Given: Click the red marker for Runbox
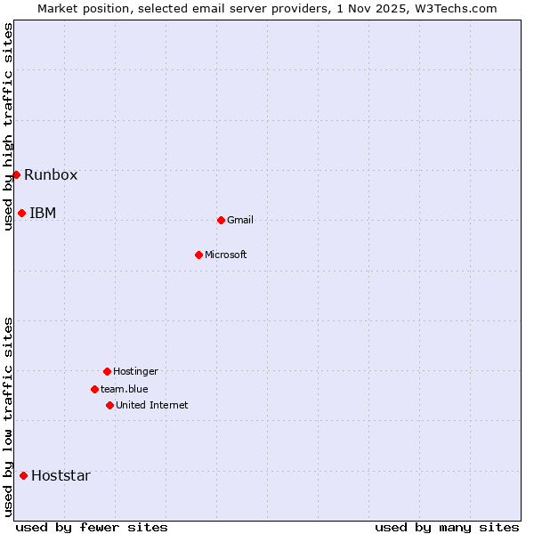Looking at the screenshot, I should (x=16, y=174).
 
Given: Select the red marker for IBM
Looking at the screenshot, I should (x=21, y=213).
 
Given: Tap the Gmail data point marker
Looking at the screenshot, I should (x=221, y=220).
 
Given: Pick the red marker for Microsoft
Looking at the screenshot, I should (x=198, y=255).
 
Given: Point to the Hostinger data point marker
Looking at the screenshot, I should (x=107, y=371).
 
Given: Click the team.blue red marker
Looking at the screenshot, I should (x=94, y=389).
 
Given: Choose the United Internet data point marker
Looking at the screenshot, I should (x=109, y=405).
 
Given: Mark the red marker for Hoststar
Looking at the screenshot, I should (x=23, y=475).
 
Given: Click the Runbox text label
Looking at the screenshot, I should (x=51, y=174).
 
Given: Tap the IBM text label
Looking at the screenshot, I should (x=43, y=213).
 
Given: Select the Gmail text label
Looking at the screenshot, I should (x=240, y=220).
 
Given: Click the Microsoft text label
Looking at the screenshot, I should (x=226, y=255).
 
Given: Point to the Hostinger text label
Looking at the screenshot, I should (x=135, y=371).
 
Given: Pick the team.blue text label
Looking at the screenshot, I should (x=125, y=389).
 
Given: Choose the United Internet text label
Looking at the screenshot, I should (x=152, y=405).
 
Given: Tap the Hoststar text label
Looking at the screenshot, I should (x=61, y=475).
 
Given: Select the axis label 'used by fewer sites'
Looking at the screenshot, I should (x=92, y=527).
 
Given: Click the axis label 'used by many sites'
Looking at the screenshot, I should (x=447, y=527).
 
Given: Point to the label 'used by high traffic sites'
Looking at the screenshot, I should (x=8, y=126).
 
